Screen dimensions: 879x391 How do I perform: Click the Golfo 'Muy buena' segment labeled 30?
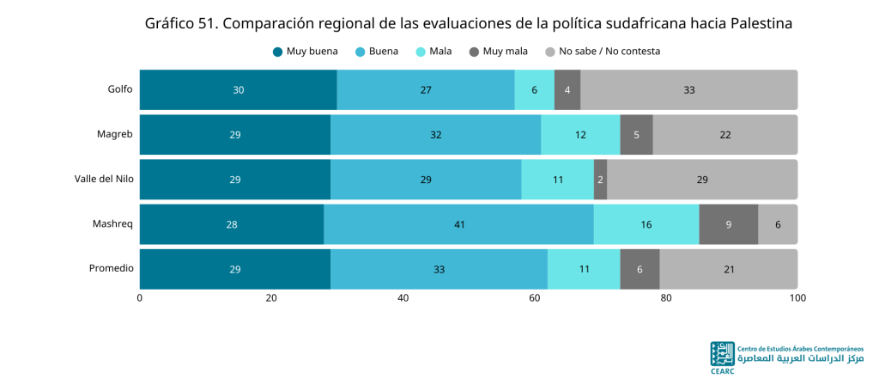pyautogui.click(x=239, y=89)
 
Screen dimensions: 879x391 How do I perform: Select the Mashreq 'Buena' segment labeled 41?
pyautogui.click(x=458, y=224)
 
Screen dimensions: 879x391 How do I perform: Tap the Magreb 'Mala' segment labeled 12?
pyautogui.click(x=581, y=135)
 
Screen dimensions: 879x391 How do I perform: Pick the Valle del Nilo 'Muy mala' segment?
pyautogui.click(x=600, y=180)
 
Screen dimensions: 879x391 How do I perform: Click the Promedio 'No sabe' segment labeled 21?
pyautogui.click(x=729, y=269)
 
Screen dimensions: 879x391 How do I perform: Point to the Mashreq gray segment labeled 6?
pyautogui.click(x=778, y=224)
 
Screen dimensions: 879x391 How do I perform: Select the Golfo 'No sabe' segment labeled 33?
pyautogui.click(x=689, y=89)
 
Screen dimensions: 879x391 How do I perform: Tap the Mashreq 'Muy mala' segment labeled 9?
pyautogui.click(x=729, y=224)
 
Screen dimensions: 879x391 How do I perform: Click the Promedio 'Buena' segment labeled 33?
pyautogui.click(x=439, y=269)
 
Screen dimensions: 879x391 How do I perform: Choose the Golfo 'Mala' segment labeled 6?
pyautogui.click(x=534, y=89)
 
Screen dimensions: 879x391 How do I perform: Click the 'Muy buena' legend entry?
pyautogui.click(x=306, y=52)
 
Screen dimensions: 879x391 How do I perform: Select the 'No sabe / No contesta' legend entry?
pyautogui.click(x=603, y=52)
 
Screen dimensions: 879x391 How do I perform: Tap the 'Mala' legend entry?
pyautogui.click(x=433, y=52)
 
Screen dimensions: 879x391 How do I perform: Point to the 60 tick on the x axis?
pyautogui.click(x=534, y=298)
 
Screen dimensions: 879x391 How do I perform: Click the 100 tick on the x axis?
pyautogui.click(x=797, y=298)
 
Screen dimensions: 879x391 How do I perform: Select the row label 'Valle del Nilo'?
pyautogui.click(x=104, y=179)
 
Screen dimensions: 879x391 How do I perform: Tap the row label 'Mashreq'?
pyautogui.click(x=113, y=223)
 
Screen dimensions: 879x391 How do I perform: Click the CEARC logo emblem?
pyautogui.click(x=722, y=355)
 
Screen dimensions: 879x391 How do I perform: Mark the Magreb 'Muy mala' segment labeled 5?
pyautogui.click(x=637, y=135)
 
